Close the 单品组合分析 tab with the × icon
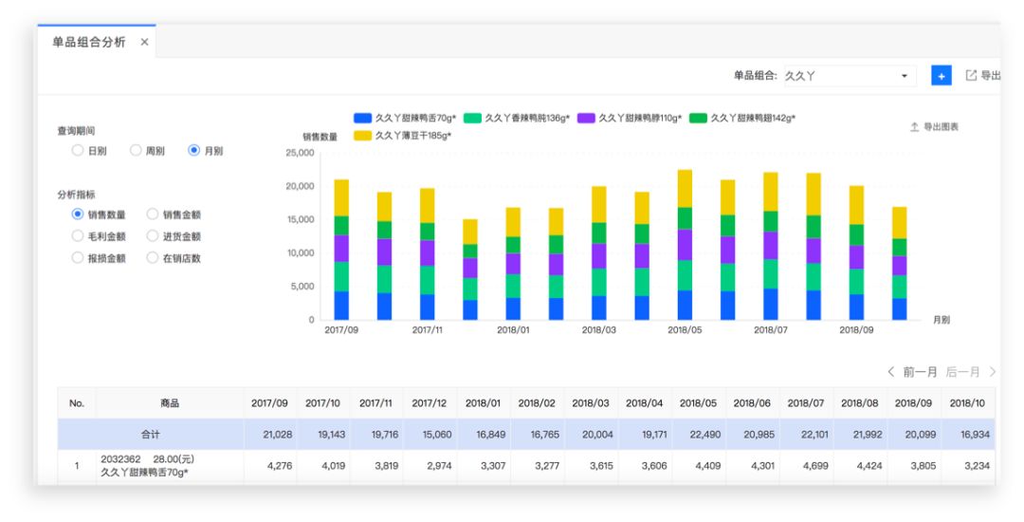coord(144,44)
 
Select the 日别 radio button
coord(79,150)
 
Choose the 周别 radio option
coord(137,150)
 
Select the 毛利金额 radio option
coord(79,236)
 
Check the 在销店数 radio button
coord(154,258)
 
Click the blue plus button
coord(941,76)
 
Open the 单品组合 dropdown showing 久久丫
coord(848,76)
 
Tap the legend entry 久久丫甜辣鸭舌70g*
coord(405,118)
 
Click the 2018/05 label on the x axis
coord(685,330)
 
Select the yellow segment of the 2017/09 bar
coord(341,197)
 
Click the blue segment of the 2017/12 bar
coord(470,309)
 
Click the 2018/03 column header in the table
coord(591,403)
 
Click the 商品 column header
coord(170,403)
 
